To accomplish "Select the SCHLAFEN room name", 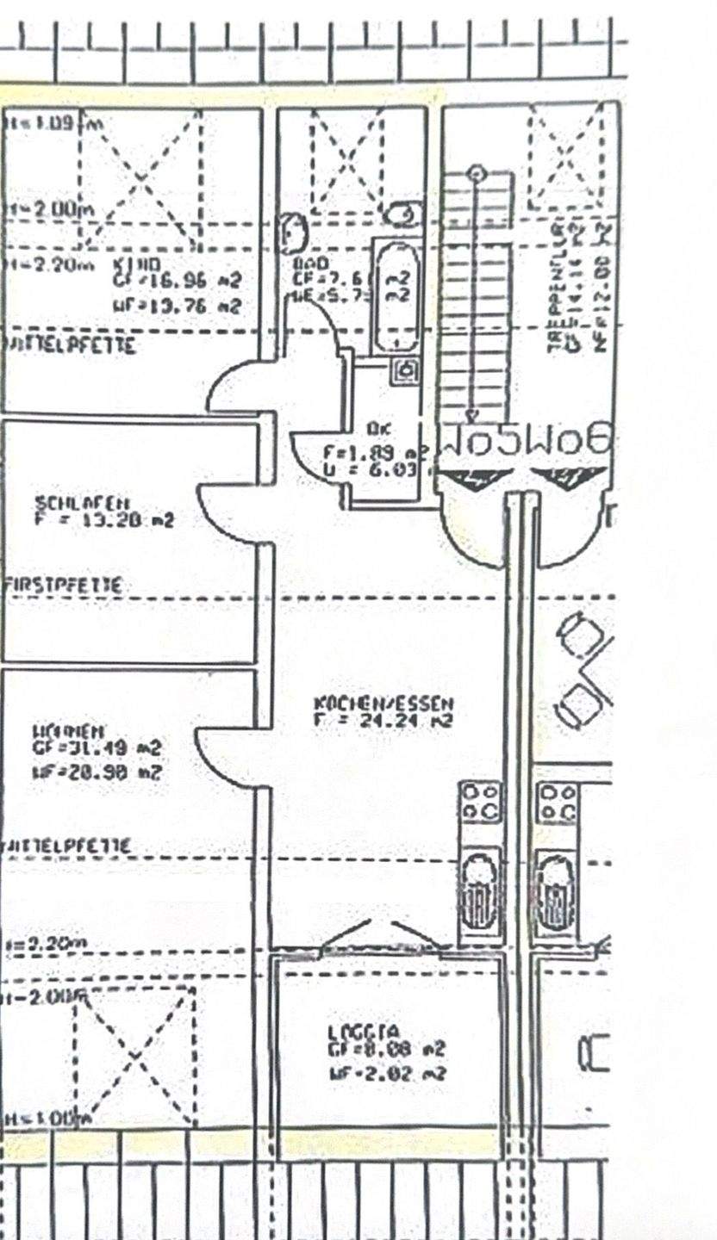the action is click(83, 501).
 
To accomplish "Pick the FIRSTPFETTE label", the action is click(62, 585).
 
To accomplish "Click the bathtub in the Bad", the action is click(396, 294).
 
